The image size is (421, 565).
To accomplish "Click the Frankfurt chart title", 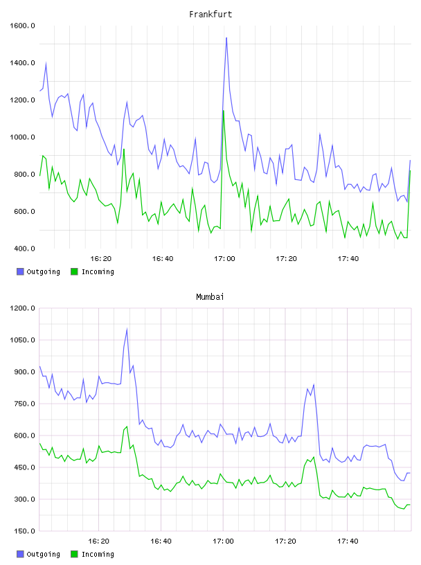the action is [x=210, y=15].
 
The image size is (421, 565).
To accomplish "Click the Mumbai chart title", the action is [x=210, y=297].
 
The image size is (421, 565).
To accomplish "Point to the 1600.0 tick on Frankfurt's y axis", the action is [x=22, y=26].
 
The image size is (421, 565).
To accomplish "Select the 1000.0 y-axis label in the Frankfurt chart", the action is [x=22, y=137].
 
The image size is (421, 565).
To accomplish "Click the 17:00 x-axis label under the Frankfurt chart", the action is [x=224, y=259].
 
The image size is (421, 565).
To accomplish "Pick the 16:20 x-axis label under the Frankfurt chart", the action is [x=100, y=259].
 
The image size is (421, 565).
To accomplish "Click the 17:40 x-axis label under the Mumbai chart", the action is [x=348, y=541].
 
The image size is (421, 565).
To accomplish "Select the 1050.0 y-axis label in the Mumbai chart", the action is [x=22, y=340].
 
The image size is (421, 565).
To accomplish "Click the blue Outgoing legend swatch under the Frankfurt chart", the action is [x=20, y=271].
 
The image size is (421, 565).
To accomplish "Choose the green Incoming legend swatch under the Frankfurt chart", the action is [x=74, y=271].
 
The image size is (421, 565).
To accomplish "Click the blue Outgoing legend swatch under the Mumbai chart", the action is [x=20, y=554].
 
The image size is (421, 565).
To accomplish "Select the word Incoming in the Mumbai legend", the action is [x=98, y=554].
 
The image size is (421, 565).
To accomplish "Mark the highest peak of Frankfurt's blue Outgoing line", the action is [x=226, y=37].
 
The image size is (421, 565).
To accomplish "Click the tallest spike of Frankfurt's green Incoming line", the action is [x=224, y=111].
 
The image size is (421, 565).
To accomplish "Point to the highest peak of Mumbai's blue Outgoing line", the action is [x=127, y=329].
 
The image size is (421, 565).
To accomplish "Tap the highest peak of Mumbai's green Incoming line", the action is [x=127, y=427].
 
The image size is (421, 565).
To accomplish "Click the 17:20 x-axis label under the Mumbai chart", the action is [x=285, y=541].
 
